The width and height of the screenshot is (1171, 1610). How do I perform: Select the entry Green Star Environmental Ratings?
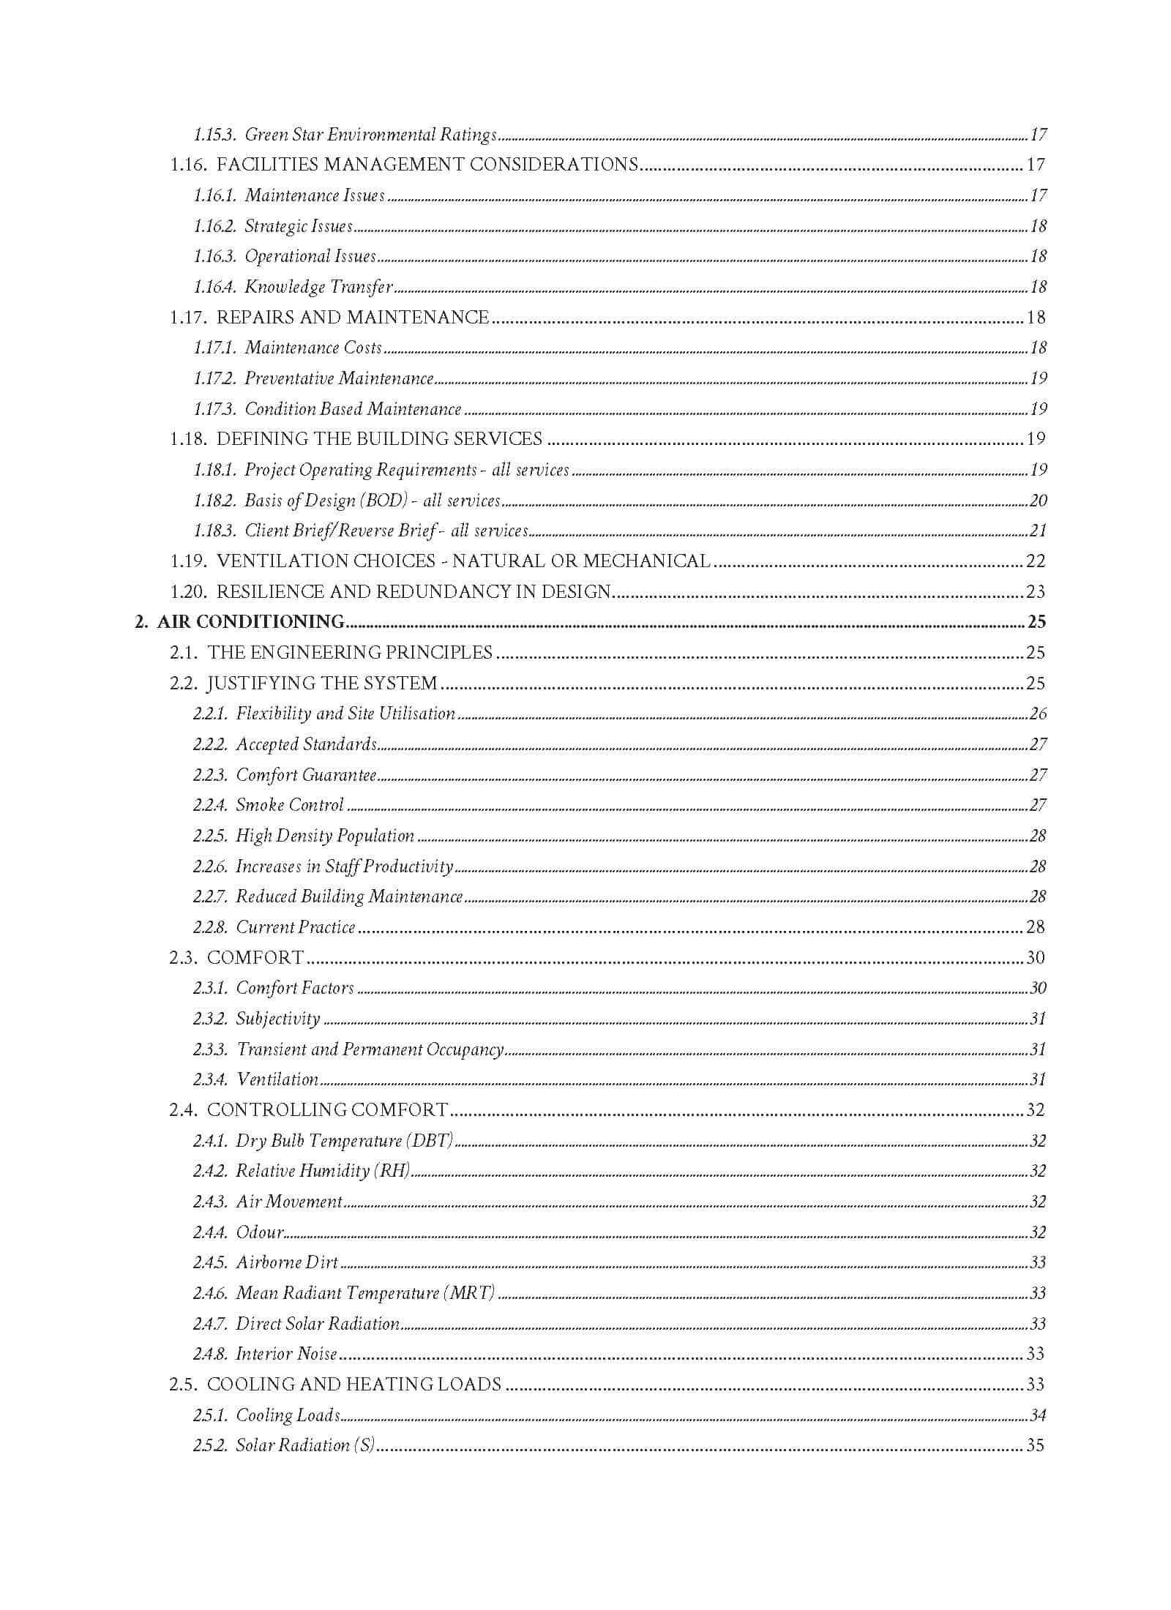tap(370, 135)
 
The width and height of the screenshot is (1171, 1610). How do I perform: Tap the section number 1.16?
tap(188, 165)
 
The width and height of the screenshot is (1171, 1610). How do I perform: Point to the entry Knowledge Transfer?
tap(318, 287)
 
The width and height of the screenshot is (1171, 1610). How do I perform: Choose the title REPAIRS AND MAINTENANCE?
tap(353, 318)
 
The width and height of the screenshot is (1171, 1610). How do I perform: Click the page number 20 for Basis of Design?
tap(1038, 501)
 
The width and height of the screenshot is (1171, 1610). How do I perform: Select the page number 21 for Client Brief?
tap(1038, 531)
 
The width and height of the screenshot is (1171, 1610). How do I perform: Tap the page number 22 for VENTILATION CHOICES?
tap(1036, 561)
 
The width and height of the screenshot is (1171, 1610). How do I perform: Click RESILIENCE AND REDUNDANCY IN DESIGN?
tap(414, 592)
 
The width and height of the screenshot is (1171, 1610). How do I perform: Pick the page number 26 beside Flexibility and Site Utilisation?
tap(1038, 714)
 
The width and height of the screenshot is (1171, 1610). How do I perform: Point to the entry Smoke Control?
tap(290, 805)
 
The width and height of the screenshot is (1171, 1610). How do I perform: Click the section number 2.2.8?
tap(210, 927)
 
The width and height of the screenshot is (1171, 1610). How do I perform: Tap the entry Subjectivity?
tap(278, 1019)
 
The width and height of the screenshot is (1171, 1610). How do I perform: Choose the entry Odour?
tap(260, 1232)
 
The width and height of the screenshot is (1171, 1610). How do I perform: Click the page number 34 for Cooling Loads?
tap(1038, 1415)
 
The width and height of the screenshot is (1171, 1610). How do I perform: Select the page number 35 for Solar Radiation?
tap(1036, 1445)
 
